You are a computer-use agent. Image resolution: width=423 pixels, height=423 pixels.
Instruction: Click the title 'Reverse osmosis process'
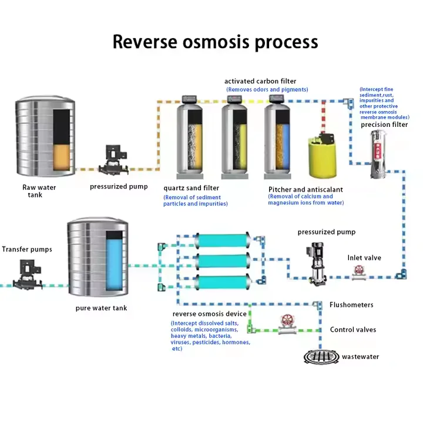215,42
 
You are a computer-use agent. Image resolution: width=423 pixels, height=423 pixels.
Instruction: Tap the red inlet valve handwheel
357,270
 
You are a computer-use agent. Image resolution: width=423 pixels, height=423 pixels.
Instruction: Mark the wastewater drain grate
322,356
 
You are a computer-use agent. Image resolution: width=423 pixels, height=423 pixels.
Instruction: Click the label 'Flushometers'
351,305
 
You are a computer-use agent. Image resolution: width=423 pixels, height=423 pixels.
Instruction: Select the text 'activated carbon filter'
260,80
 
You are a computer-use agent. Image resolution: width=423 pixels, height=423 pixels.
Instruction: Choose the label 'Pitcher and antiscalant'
305,189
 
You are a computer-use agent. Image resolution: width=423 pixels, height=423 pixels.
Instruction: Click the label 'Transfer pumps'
27,249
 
